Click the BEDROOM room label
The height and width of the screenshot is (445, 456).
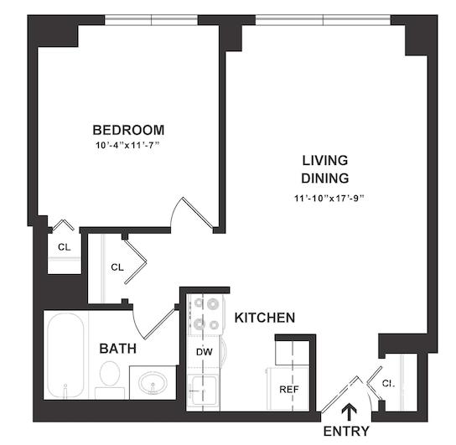click(x=128, y=130)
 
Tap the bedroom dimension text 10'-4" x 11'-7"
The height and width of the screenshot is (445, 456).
click(x=128, y=145)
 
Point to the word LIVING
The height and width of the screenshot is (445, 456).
click(x=325, y=160)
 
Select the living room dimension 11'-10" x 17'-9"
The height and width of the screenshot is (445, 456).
click(x=329, y=199)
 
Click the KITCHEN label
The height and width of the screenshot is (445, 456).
click(x=265, y=318)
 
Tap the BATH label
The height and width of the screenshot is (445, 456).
click(x=118, y=349)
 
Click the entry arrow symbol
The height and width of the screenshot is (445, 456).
click(x=349, y=411)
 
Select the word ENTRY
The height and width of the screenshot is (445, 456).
click(x=346, y=431)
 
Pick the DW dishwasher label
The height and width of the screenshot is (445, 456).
click(x=205, y=352)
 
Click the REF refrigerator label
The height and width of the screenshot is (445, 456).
click(x=289, y=389)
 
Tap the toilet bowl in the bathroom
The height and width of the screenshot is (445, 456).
click(x=110, y=374)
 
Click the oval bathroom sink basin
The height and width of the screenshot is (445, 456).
click(x=153, y=383)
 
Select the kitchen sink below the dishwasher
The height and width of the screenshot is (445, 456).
click(x=202, y=389)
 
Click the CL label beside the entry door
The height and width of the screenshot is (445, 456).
click(x=389, y=384)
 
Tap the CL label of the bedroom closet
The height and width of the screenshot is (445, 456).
click(x=65, y=247)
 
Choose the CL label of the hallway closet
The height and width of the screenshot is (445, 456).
click(x=117, y=267)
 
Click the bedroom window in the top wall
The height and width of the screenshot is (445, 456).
click(x=151, y=20)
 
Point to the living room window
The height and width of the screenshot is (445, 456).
click(x=323, y=20)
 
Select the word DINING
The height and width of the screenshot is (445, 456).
click(x=325, y=179)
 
